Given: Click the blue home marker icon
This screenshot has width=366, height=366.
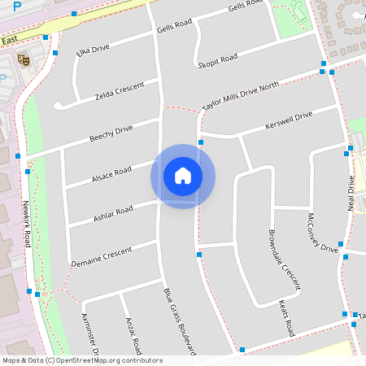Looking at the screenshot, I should click(x=183, y=176).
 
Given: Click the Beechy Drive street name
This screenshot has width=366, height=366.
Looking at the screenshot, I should click(x=111, y=133).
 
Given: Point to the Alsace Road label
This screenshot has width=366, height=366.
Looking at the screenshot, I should click(x=111, y=173).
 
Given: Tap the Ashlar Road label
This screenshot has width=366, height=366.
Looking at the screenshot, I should click(x=113, y=215).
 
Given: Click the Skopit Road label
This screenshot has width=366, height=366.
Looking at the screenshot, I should click(x=217, y=60).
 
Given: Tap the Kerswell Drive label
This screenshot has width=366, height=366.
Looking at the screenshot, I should click(x=289, y=121).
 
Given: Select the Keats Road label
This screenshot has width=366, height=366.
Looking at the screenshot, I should click(x=286, y=318).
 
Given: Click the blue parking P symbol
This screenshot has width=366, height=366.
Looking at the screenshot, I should click(x=17, y=6).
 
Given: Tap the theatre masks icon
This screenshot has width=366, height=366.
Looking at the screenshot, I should click(x=24, y=59).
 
